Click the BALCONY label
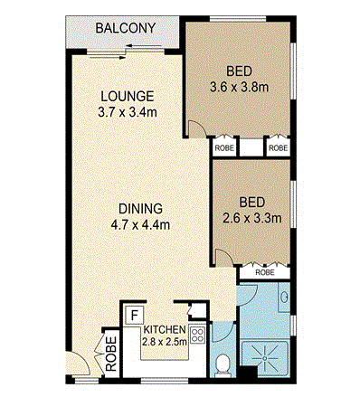(126, 28)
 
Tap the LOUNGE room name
(128, 97)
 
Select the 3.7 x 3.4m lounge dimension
(128, 112)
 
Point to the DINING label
(140, 209)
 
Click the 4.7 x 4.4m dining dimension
(140, 224)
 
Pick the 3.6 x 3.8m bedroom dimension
(239, 88)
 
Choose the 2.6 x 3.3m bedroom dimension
(252, 218)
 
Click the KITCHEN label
(165, 329)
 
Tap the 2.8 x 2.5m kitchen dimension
(165, 342)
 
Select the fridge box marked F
(135, 316)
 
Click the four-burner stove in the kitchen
(197, 336)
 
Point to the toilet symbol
(223, 365)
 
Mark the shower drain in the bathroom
(264, 358)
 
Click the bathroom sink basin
(284, 297)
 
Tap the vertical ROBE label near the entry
(111, 354)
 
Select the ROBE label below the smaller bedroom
(265, 272)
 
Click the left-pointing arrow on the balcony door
(144, 46)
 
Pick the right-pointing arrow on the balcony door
(108, 58)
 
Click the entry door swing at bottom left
(78, 364)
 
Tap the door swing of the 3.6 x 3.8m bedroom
(196, 128)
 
